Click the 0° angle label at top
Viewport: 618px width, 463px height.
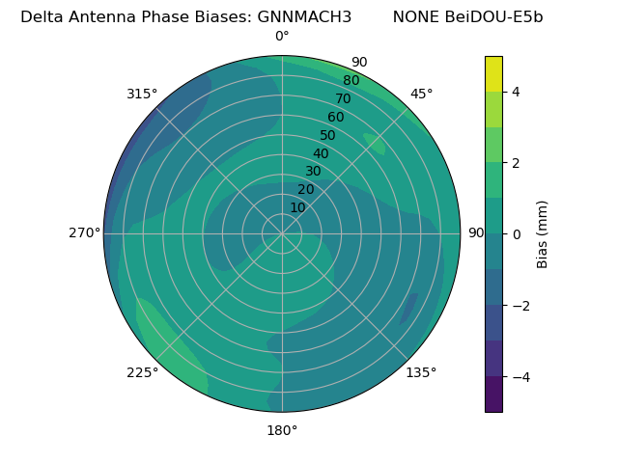[x=282, y=37]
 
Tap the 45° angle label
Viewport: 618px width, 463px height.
[x=422, y=94]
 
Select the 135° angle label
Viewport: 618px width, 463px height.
[x=421, y=372]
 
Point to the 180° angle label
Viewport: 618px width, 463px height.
[x=282, y=430]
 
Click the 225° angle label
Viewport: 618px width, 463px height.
[x=142, y=372]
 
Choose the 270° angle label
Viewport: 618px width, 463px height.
[x=85, y=232]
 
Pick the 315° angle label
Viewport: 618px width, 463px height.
[x=142, y=94]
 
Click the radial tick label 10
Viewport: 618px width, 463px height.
[x=297, y=207]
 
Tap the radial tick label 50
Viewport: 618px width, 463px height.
[x=327, y=135]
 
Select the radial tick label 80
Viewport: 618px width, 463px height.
[x=351, y=81]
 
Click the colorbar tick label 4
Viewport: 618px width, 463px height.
[x=517, y=92]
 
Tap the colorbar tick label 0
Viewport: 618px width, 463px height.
[x=517, y=233]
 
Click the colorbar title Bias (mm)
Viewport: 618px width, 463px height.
[x=543, y=233]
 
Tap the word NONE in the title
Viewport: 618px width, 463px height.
[x=412, y=16]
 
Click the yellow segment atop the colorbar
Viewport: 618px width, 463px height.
[x=493, y=73]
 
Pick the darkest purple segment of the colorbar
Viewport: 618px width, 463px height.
[x=493, y=395]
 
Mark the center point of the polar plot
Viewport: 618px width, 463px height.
[x=282, y=233]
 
